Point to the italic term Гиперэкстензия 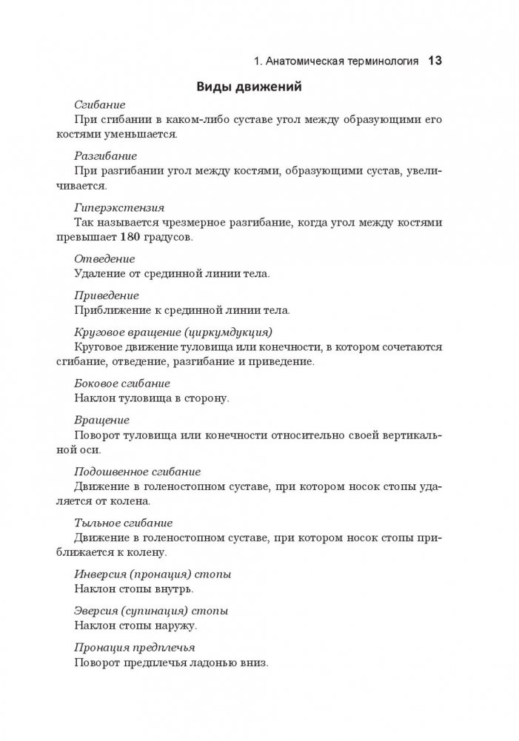point(119,208)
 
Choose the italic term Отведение point(104,260)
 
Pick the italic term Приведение point(107,295)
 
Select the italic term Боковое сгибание point(122,383)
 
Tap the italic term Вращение point(103,419)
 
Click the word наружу point(175,626)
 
